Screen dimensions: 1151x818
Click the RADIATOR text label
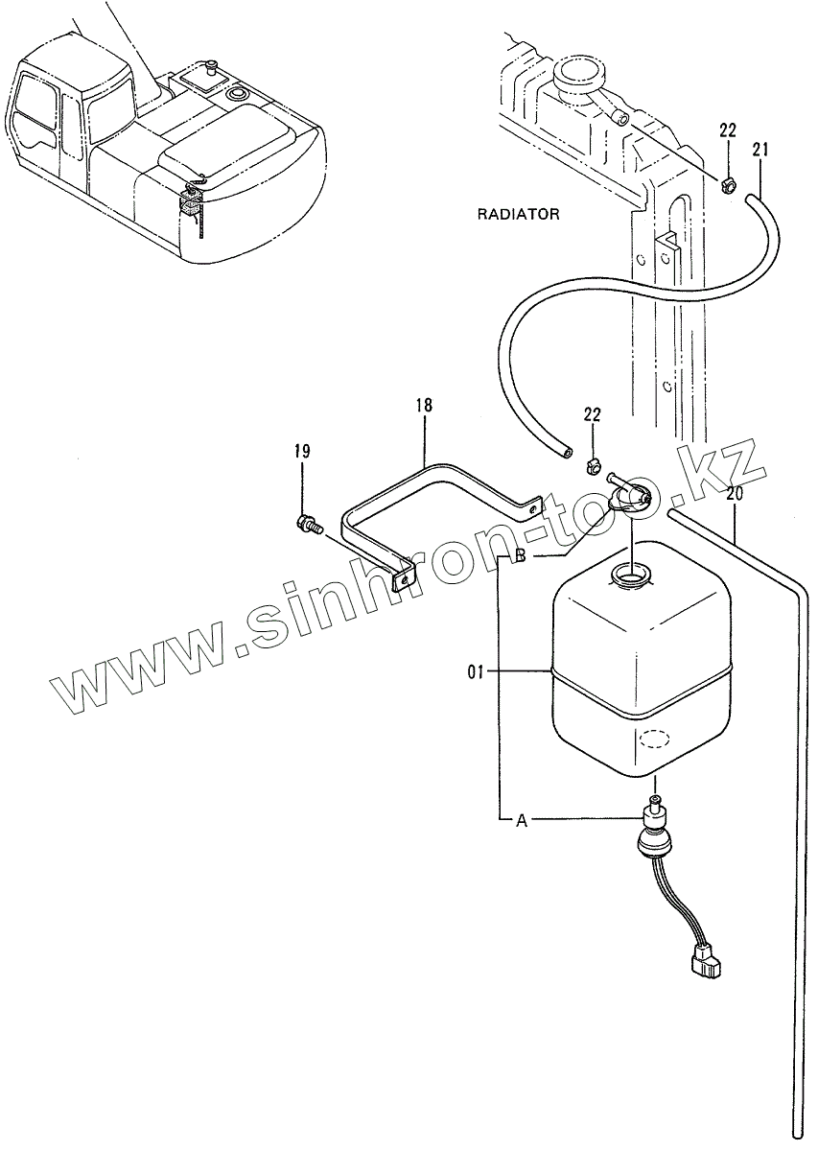click(x=519, y=214)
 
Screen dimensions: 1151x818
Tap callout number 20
click(x=735, y=495)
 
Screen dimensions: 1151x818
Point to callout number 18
click(x=424, y=406)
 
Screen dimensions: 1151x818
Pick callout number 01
click(x=478, y=672)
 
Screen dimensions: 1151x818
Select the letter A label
click(x=523, y=820)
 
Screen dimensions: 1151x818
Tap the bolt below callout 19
click(x=308, y=524)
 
